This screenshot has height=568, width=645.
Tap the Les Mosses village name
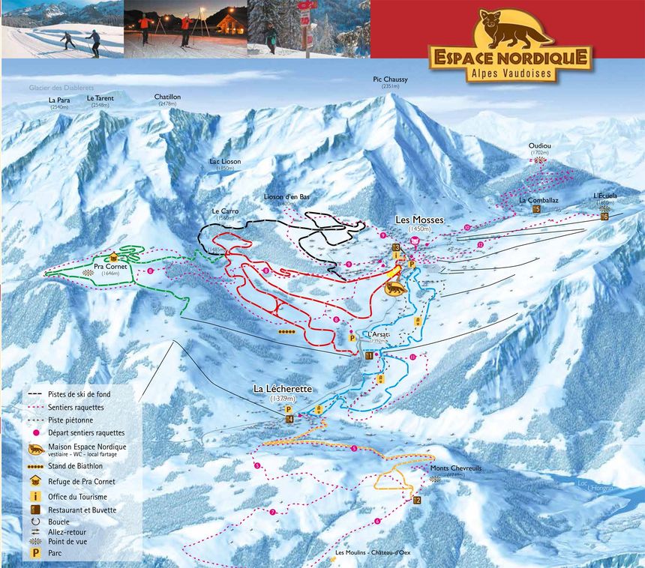[420, 220]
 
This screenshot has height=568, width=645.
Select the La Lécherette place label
[282, 389]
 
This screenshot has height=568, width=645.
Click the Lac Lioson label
[226, 161]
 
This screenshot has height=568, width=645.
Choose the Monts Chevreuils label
[450, 468]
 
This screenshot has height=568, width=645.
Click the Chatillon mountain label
[167, 97]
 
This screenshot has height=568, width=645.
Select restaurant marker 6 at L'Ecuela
[604, 217]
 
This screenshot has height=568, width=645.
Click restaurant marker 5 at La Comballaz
[536, 210]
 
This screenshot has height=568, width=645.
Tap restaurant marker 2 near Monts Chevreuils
[417, 500]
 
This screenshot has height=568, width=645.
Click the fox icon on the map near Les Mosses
[392, 287]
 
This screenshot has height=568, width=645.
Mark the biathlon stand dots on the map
[286, 330]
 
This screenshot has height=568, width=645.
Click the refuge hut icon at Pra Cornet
[114, 256]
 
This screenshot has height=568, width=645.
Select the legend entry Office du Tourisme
[79, 496]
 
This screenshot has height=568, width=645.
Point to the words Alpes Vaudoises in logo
[510, 73]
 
